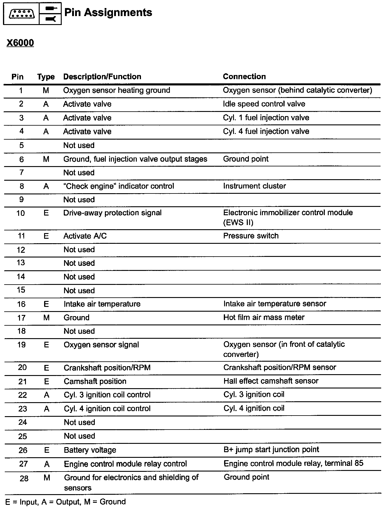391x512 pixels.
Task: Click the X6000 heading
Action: pyautogui.click(x=20, y=43)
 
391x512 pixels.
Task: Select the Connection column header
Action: pyautogui.click(x=244, y=77)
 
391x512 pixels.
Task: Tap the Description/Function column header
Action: pyautogui.click(x=102, y=77)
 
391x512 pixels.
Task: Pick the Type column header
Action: pyautogui.click(x=46, y=77)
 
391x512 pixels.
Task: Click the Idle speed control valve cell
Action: pyautogui.click(x=264, y=104)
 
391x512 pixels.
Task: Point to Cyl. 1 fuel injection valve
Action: pyautogui.click(x=266, y=118)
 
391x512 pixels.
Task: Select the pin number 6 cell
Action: pyautogui.click(x=21, y=159)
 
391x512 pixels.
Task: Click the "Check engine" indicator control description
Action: pyautogui.click(x=119, y=186)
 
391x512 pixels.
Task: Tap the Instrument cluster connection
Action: pyautogui.click(x=254, y=186)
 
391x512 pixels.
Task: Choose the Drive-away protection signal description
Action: pyautogui.click(x=112, y=213)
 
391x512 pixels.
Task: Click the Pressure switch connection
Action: pyautogui.click(x=251, y=236)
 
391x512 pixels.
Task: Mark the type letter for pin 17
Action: pyautogui.click(x=46, y=318)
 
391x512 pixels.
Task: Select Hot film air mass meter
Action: pyautogui.click(x=264, y=317)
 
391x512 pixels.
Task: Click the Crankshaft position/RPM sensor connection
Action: pyautogui.click(x=280, y=367)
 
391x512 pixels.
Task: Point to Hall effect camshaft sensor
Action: pyautogui.click(x=271, y=381)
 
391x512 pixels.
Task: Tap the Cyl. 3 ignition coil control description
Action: pyautogui.click(x=107, y=395)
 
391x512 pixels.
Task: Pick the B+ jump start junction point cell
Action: pyautogui.click(x=271, y=449)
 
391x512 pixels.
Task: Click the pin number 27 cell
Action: pyautogui.click(x=23, y=464)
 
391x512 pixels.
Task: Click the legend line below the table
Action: pyautogui.click(x=66, y=502)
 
